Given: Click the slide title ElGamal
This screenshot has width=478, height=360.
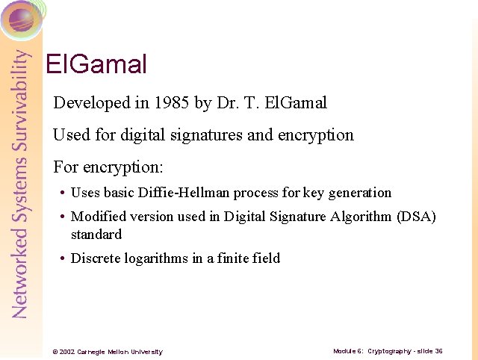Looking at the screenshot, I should coord(96,64).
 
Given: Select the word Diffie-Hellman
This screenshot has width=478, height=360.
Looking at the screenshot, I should coord(184,193).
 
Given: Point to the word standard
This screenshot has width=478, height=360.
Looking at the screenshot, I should coord(96,235).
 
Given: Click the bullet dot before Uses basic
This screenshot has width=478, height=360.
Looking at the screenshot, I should coord(61,193).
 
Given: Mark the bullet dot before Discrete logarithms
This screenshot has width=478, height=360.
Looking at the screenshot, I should coord(61,259).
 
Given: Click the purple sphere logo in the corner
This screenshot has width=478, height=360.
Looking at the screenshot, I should coord(21,19).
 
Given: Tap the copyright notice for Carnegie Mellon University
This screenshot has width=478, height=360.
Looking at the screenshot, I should coord(107,351).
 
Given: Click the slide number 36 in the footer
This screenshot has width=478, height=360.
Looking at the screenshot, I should coord(438,350).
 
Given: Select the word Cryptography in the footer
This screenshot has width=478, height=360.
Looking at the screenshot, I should coord(390,350).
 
